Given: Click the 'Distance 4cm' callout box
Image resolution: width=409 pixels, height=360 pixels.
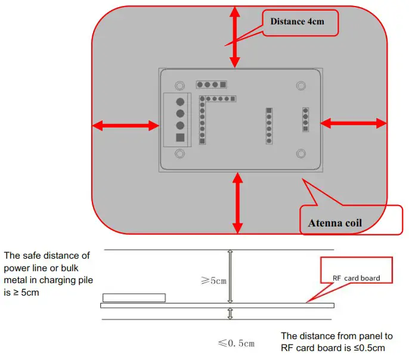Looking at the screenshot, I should tap(300, 22).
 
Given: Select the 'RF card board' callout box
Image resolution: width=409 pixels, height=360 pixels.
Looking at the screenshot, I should tap(357, 278).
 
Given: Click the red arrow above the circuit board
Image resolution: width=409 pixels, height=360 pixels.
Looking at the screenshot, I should tap(236, 36).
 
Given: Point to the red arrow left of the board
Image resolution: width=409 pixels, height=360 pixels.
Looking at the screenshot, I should tap(125, 125).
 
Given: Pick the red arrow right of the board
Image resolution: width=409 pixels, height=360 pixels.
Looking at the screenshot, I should tap(354, 123).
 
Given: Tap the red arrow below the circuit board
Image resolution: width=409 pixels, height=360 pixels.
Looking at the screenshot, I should tap(238, 203).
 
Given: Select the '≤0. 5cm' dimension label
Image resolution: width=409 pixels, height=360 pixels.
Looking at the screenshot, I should tap(236, 343).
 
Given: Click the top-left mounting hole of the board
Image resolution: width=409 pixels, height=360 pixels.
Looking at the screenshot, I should tap(179, 85).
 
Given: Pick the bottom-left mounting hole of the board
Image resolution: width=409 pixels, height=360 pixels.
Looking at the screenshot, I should tap(179, 153).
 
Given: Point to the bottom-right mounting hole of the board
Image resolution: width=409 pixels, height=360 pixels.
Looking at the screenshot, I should tap(301, 154).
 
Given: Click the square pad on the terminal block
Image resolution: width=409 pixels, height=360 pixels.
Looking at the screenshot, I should tap(180, 138).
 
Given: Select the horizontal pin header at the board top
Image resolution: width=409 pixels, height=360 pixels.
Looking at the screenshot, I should tap(212, 85).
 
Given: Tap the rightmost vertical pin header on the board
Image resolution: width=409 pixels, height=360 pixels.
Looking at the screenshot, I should tap(306, 119).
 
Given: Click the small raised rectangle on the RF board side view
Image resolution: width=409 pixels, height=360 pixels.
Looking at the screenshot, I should tap(134, 297).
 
